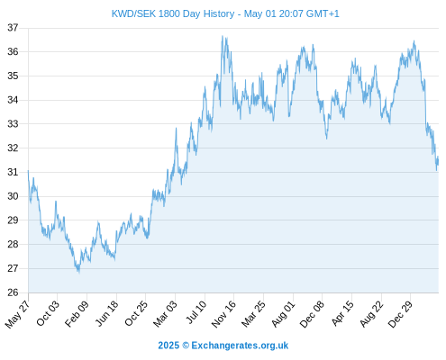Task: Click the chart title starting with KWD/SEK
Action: click(225, 13)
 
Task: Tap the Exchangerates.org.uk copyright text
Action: click(223, 346)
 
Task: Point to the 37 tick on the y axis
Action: click(13, 28)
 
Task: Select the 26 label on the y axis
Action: click(13, 292)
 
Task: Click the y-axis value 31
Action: click(13, 172)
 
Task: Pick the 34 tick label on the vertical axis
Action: click(13, 100)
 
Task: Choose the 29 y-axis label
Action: click(13, 220)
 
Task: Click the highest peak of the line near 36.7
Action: click(223, 36)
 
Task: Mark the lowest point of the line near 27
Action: click(79, 272)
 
